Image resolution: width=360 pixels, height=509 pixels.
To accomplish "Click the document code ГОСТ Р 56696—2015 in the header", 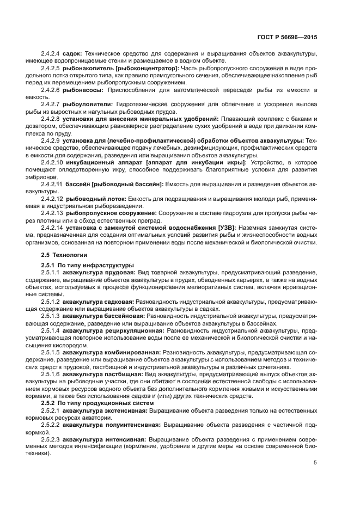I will point(288,38).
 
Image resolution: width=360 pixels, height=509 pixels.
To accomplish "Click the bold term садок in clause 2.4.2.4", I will point(72,54).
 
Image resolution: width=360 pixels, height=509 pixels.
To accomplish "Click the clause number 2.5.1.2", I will point(51,300).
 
